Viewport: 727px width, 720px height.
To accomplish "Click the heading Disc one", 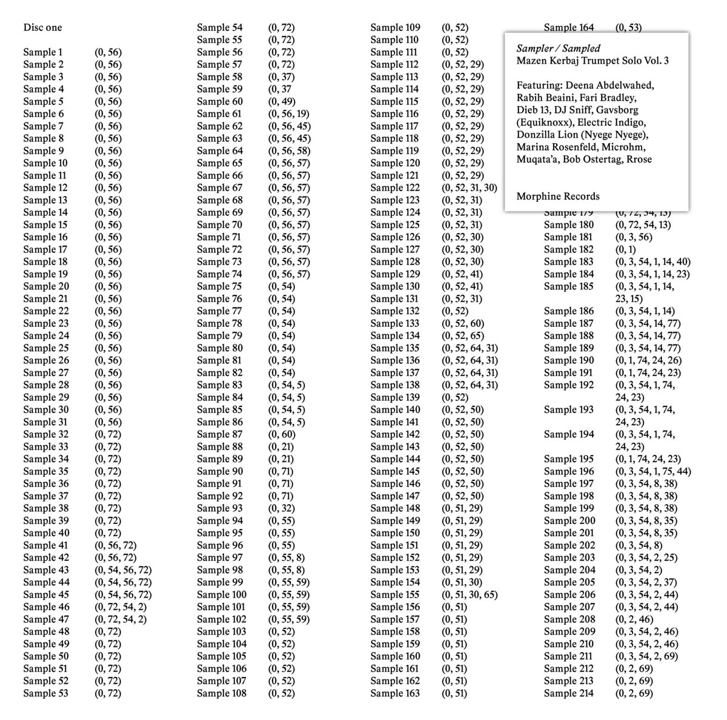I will tap(42, 27).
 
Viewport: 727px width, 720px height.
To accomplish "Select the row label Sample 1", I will tap(42, 52).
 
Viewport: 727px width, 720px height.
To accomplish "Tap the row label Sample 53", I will tap(45, 693).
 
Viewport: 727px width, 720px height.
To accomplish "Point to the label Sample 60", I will tap(219, 101).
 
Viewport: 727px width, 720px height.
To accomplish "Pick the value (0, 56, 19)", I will tap(288, 113).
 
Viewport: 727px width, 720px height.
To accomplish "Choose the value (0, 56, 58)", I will tap(289, 150).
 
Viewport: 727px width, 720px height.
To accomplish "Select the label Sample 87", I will tap(219, 434).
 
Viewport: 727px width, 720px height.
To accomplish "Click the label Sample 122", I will tap(394, 187).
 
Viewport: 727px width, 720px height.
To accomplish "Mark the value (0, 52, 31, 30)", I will tap(469, 187).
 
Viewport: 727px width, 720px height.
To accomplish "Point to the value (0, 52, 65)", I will tap(462, 335).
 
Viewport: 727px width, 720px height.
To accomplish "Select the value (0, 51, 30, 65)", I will tap(469, 594).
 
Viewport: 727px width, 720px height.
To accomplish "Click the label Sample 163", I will tap(394, 693).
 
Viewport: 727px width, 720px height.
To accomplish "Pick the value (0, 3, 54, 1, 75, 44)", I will tap(652, 471).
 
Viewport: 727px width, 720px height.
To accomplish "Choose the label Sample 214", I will tap(568, 693).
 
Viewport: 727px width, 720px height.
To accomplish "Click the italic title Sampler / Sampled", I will tap(558, 49).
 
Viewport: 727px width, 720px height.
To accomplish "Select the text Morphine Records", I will tap(558, 196).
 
